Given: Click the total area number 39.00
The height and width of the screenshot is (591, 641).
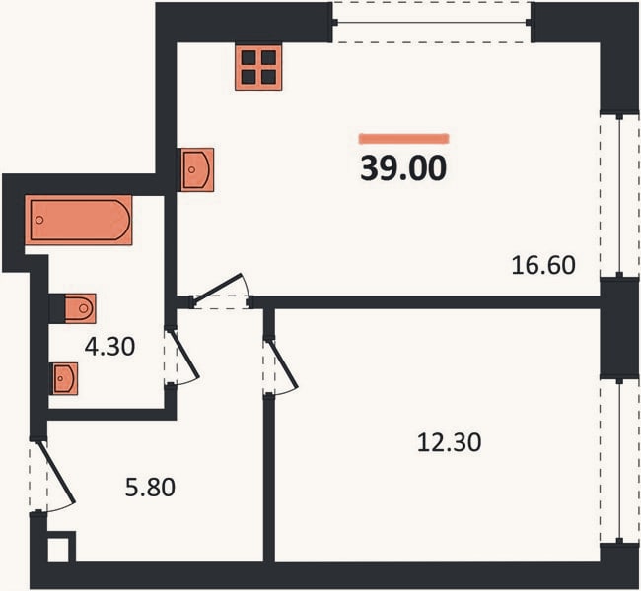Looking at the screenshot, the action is pos(403,168).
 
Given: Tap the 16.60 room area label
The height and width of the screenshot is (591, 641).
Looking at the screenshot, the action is pos(543,265).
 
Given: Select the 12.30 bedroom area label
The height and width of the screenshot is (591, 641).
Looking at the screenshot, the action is pos(449,442).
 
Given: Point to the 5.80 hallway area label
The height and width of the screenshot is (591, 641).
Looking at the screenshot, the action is pos(150,488).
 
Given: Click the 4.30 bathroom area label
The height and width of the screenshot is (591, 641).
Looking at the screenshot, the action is pos(109,347).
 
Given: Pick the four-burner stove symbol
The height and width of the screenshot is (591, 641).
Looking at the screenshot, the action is pos(258,67).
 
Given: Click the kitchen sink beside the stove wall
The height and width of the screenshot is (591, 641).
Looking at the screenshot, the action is pos(196,169).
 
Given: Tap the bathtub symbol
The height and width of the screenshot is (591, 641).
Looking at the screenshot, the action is pos(79,220).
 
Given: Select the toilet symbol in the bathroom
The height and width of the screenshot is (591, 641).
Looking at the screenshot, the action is pos(80,308).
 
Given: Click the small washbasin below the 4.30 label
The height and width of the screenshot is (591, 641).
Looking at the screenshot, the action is pos(64,378).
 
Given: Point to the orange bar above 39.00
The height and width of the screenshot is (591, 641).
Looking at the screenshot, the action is pos(404,139).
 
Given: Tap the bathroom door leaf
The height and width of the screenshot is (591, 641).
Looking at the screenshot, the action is pos(184,354).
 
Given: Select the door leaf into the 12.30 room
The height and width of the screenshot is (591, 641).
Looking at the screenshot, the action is pos(282,363).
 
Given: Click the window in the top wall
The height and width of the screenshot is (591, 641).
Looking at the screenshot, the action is pos(432,22).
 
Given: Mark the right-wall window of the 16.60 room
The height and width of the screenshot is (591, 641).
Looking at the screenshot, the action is pos(619,195).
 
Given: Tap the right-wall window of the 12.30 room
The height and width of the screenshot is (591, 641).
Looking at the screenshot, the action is pos(619,462).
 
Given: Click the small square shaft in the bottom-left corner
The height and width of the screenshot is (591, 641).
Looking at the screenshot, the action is pos(58,550).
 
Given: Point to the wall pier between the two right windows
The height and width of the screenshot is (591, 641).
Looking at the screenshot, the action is pos(619,328).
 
